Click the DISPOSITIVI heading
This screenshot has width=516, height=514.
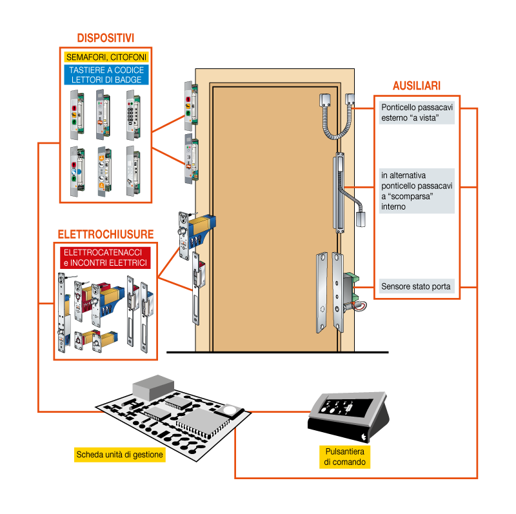(106, 38)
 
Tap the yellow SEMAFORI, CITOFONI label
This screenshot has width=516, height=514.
(106, 57)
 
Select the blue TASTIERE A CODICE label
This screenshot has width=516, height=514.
(106, 75)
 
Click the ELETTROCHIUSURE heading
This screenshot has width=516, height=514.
(106, 234)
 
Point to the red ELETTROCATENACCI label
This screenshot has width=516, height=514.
(105, 258)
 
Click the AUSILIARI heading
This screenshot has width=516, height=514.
(417, 86)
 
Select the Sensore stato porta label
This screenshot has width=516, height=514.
(417, 286)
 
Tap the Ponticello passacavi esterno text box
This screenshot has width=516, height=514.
(417, 113)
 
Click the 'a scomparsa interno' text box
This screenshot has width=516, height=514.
(417, 191)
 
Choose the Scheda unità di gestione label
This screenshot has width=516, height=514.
(120, 455)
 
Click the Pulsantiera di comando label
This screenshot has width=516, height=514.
(344, 457)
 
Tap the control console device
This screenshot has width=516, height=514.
(349, 416)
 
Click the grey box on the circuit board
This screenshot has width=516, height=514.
(154, 388)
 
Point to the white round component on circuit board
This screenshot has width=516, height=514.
(230, 410)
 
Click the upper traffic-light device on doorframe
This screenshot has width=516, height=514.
(191, 106)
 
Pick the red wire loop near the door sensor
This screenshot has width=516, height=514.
(361, 307)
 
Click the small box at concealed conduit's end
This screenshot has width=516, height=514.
(361, 219)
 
